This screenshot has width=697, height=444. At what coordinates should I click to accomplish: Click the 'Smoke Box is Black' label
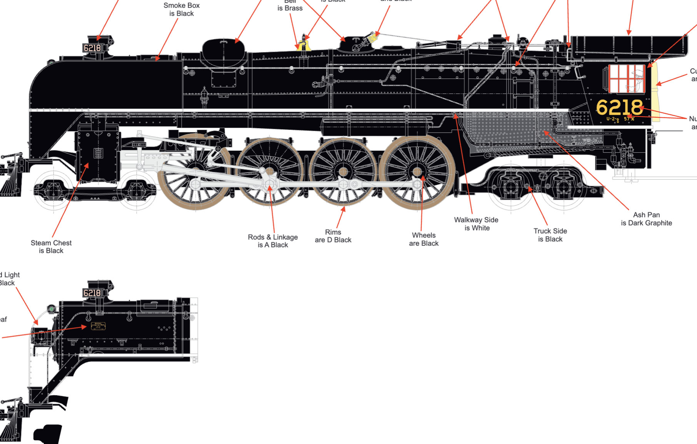[x=182, y=10]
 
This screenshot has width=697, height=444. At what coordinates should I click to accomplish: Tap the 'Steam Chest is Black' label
[x=51, y=247]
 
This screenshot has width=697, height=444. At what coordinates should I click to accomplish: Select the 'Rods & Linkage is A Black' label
[x=273, y=241]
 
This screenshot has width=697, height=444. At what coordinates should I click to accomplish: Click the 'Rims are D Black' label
[x=333, y=236]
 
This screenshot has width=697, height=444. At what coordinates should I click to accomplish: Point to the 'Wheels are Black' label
[x=424, y=239]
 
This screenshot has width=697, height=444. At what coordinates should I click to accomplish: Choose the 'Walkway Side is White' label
[x=476, y=224]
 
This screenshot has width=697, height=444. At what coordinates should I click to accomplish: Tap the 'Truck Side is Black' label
[x=550, y=235]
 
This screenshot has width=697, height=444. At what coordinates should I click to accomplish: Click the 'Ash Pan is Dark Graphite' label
[x=646, y=219]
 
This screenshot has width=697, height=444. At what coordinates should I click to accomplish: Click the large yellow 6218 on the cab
[x=619, y=107]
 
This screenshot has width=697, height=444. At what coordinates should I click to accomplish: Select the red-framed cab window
[x=627, y=79]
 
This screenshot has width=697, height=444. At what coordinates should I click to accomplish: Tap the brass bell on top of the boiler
[x=304, y=44]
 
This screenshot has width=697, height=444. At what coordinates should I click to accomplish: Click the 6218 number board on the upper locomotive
[x=92, y=48]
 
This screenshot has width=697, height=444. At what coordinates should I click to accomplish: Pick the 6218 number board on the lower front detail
[x=92, y=293]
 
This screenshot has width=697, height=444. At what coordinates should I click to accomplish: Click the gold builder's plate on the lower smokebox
[x=98, y=326]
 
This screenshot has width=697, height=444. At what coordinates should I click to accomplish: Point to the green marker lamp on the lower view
[x=52, y=309]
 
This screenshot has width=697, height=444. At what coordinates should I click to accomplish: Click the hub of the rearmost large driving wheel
[x=418, y=172]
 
